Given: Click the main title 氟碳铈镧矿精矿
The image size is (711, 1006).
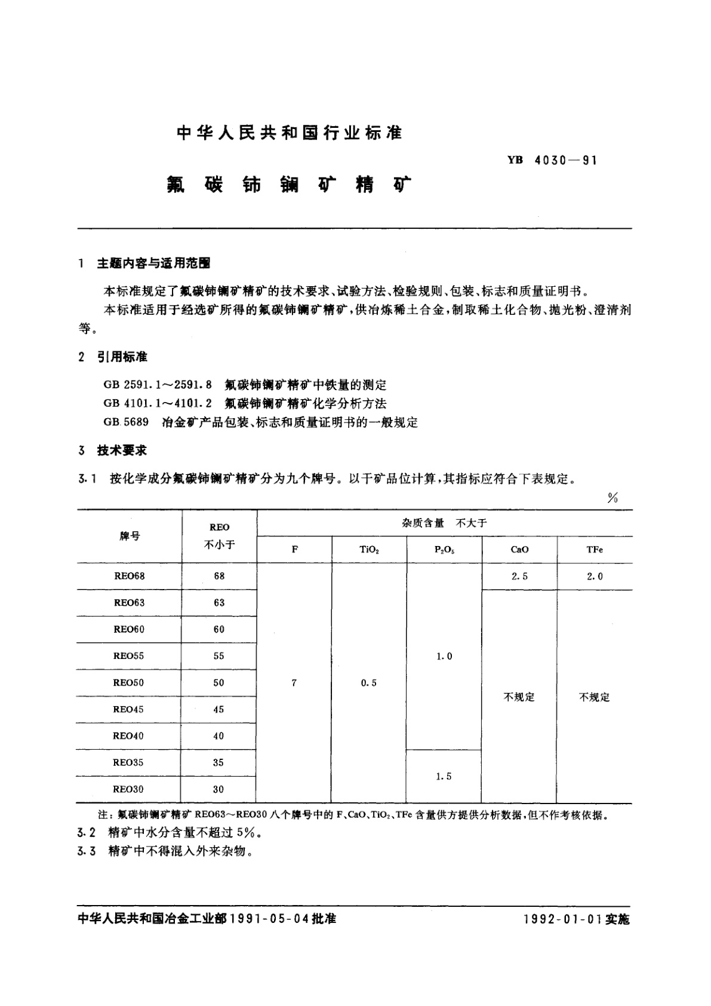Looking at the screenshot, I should click(x=288, y=185).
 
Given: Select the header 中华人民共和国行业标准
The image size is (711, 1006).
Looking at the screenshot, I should click(x=289, y=133).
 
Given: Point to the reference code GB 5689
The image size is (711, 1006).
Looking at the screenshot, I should click(x=125, y=422).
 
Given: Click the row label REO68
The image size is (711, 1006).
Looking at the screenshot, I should click(x=129, y=576).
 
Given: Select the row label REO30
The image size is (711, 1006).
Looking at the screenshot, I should click(x=128, y=789).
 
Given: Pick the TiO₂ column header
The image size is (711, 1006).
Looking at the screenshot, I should click(x=369, y=550).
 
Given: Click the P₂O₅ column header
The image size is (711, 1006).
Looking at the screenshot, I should click(x=444, y=550).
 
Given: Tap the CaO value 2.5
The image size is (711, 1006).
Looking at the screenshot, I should click(x=519, y=576).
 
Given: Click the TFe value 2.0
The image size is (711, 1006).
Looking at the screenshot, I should click(x=595, y=576).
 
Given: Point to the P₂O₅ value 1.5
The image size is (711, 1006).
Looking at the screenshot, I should click(x=444, y=776).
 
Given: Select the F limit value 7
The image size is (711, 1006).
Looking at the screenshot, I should click(x=294, y=682).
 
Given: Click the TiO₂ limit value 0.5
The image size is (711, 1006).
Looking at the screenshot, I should click(x=369, y=682).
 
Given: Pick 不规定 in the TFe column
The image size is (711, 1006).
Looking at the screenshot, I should click(x=595, y=697).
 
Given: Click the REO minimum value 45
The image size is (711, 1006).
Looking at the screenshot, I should click(x=218, y=709).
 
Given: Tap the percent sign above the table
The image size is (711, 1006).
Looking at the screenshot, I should click(x=612, y=498).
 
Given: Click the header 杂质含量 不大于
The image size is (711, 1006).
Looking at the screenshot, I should click(x=444, y=523).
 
